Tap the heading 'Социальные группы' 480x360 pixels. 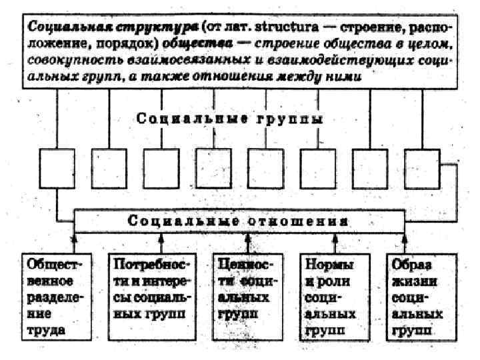click(231, 120)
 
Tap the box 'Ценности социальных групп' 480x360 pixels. click(245, 295)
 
